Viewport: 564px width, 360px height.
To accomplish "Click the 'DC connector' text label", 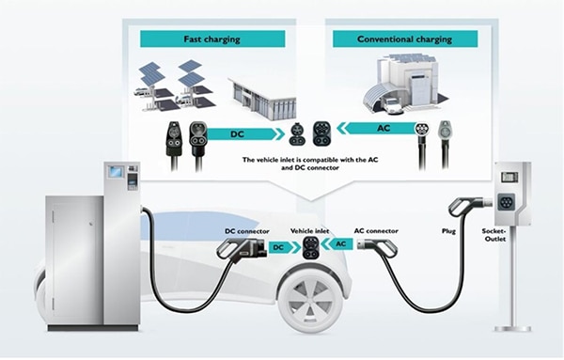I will tap(247, 230).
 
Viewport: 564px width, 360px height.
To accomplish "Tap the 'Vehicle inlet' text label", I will tap(309, 230).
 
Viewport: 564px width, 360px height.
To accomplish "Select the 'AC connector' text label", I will tap(372, 230).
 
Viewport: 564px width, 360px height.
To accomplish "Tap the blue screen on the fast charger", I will tap(117, 173).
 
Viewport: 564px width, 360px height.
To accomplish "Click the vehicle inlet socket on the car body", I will tap(310, 247).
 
